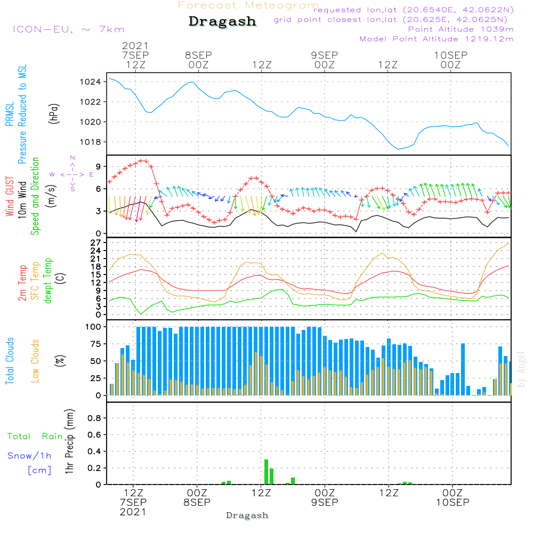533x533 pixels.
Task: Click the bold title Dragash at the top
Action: pos(222,22)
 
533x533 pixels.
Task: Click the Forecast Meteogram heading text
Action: pos(248,5)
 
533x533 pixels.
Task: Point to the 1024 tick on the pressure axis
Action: pos(94,82)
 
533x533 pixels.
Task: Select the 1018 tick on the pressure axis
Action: pos(94,142)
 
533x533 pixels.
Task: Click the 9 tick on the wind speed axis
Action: pos(98,166)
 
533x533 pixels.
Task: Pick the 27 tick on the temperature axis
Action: pos(95,243)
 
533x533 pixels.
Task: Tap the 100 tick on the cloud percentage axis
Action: pos(93,327)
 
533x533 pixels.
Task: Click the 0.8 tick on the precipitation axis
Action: pos(94,418)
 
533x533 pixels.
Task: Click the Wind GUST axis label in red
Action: pos(10,197)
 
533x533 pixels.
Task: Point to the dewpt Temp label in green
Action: pos(48,280)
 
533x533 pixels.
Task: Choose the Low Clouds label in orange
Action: pos(35,361)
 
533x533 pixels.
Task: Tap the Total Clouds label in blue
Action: pos(10,361)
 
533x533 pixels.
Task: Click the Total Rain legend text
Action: pos(35,437)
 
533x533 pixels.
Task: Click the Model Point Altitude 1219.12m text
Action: pos(437,39)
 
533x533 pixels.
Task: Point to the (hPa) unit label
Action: pos(54,113)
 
